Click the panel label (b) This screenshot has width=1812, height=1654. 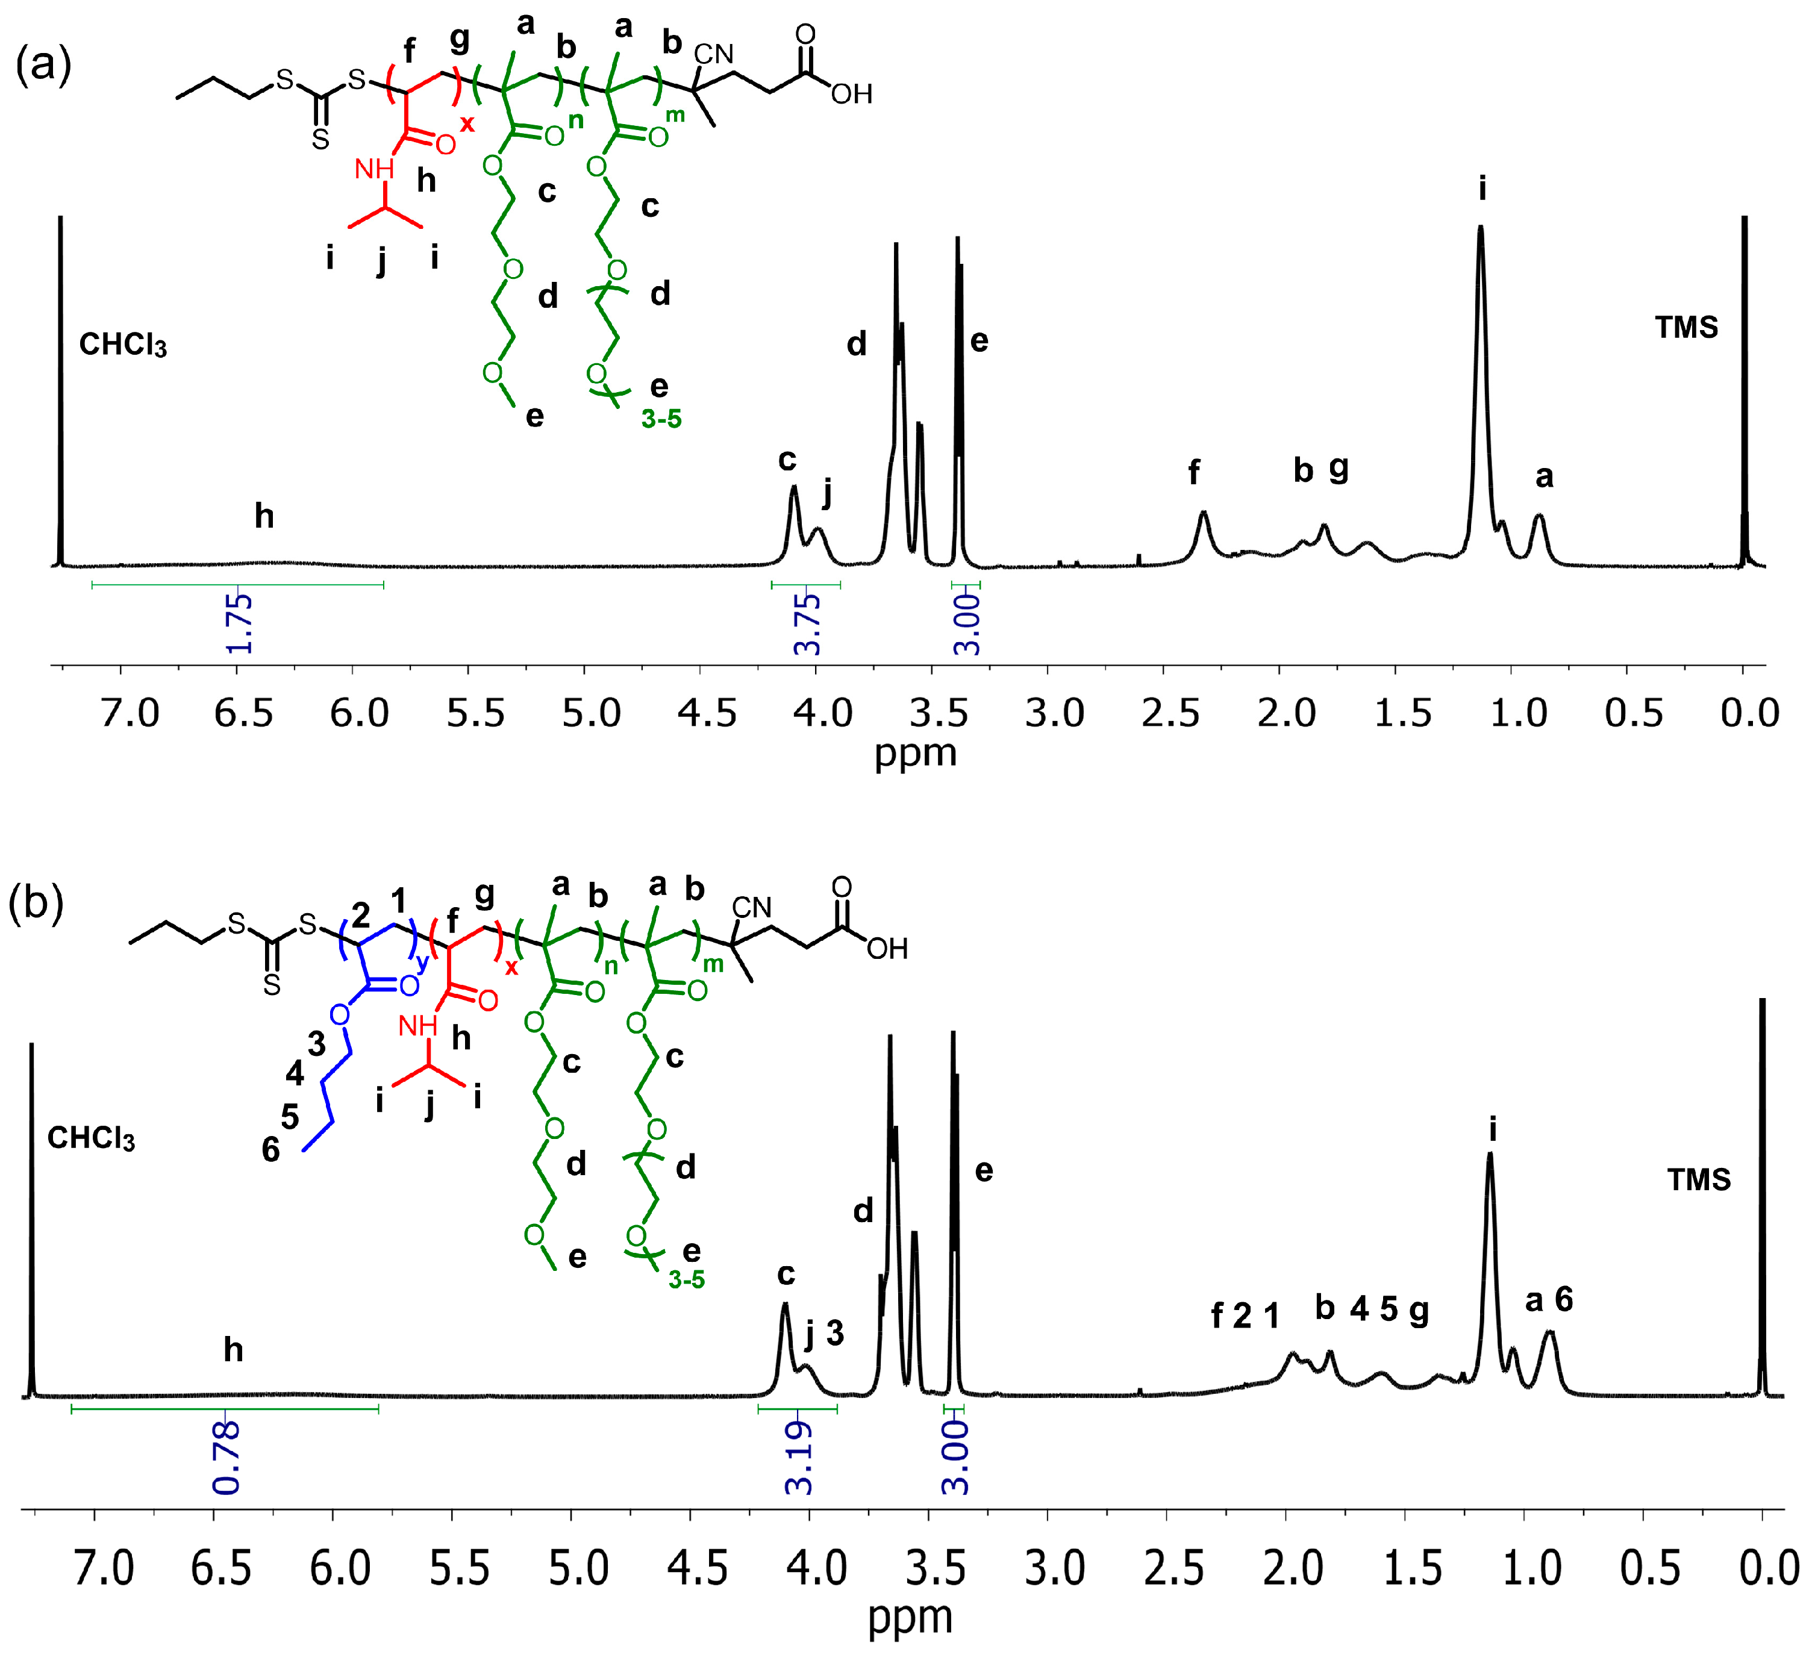point(36,903)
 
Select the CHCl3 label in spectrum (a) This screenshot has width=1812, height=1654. point(123,345)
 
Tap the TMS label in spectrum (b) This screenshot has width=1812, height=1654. point(1699,1179)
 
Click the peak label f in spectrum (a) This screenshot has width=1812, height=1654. point(1193,472)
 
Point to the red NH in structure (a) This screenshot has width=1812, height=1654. point(374,168)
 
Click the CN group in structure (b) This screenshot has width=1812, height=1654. point(751,908)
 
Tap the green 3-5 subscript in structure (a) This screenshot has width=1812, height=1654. point(661,419)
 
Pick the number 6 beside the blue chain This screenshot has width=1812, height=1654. point(270,1150)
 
